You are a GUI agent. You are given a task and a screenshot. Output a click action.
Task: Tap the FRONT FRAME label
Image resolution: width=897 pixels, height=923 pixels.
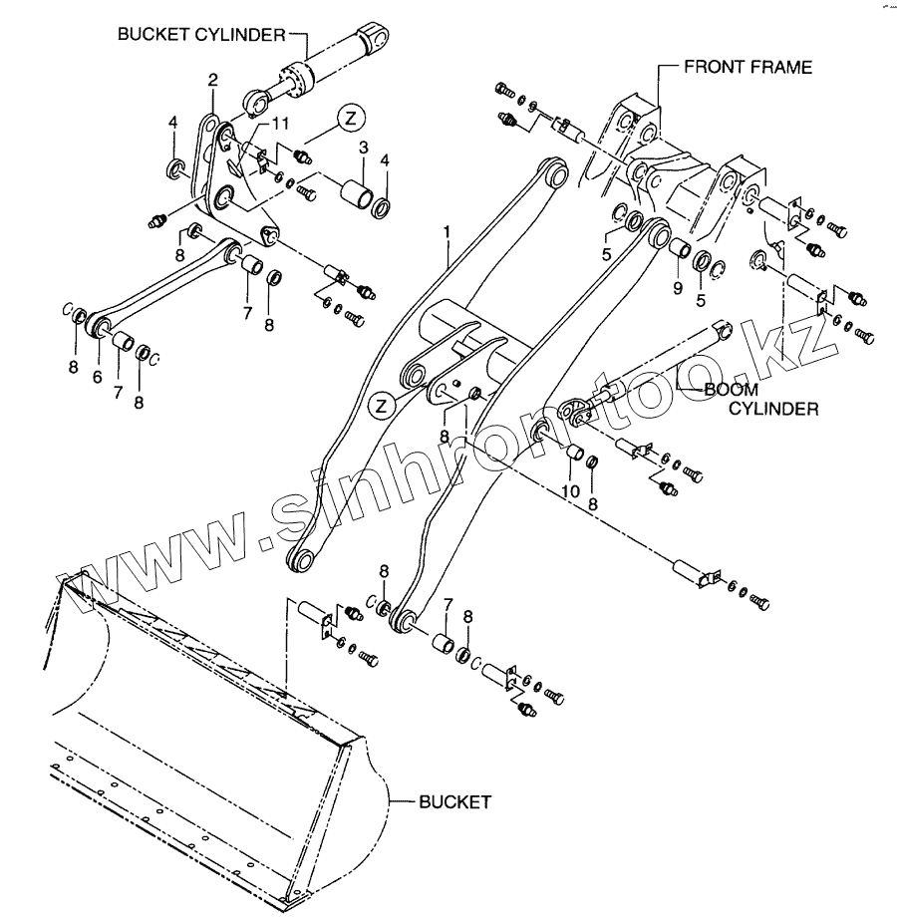click(x=747, y=68)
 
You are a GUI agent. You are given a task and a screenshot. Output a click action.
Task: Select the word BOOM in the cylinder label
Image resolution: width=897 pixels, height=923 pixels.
click(x=731, y=390)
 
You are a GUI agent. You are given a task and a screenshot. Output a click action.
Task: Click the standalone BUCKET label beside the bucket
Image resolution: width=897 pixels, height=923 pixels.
click(x=453, y=801)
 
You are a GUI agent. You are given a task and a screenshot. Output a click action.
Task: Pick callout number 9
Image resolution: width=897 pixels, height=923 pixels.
click(x=678, y=288)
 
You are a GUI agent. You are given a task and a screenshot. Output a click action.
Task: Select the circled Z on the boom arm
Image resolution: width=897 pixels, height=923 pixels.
click(x=379, y=405)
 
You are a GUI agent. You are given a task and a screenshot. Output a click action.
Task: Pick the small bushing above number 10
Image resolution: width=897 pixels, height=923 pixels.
click(x=573, y=455)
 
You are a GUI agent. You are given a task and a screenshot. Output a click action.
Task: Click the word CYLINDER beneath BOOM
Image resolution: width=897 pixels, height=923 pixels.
click(x=773, y=408)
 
